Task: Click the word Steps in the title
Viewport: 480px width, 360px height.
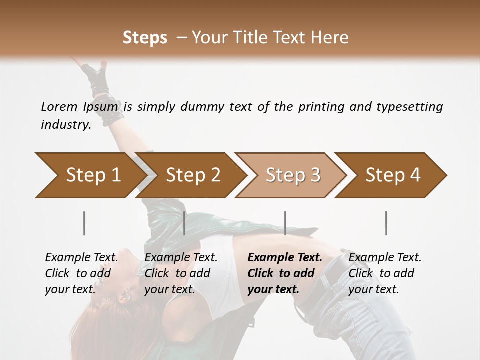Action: coord(145,37)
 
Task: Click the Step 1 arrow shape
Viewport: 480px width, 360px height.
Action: coord(90,175)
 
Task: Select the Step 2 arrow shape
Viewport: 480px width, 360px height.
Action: coord(192,175)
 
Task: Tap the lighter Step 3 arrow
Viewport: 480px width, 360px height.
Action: coord(292,175)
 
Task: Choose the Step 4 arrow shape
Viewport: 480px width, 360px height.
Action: coord(392,175)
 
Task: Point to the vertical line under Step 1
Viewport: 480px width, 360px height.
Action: coord(84,223)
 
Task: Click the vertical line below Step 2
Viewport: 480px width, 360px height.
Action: coord(184,223)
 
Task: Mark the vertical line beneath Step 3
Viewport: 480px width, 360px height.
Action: coord(285,223)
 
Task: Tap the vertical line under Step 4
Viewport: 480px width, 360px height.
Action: coord(386,223)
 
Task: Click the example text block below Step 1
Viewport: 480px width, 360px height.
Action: coord(81,273)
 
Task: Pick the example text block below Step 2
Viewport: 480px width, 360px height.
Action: coord(181,273)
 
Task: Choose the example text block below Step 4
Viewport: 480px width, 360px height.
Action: coord(385,273)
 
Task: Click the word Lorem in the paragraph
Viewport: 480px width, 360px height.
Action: coord(59,106)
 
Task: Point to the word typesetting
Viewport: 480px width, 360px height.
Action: coord(409,107)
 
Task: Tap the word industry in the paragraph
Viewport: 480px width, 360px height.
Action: coord(65,125)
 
